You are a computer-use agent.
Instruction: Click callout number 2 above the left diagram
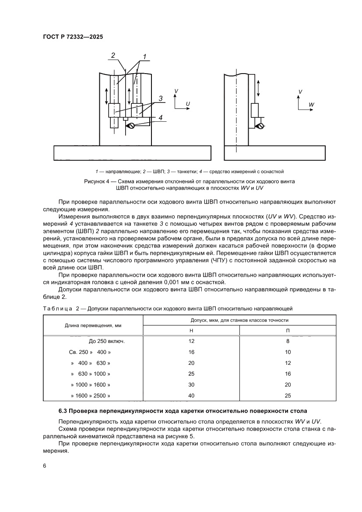pos(113,56)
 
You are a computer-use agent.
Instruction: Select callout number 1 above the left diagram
pos(143,56)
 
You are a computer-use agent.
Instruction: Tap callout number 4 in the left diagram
pos(161,117)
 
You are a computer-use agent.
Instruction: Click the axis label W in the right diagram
pos(311,105)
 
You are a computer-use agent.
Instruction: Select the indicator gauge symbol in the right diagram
pos(261,127)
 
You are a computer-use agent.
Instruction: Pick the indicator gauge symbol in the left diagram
pos(130,126)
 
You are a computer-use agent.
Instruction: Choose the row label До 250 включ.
pos(107,341)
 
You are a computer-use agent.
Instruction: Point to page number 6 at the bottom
pos(45,465)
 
